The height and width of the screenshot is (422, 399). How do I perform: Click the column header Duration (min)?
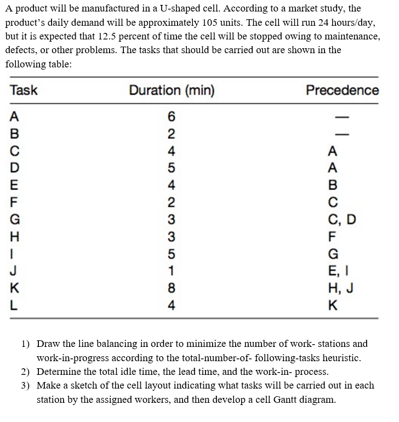pyautogui.click(x=172, y=90)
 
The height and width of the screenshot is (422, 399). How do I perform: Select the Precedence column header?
pyautogui.click(x=342, y=90)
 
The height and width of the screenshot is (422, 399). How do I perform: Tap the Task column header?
pyautogui.click(x=24, y=90)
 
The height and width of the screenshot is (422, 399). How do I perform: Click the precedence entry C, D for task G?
pyautogui.click(x=341, y=221)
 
